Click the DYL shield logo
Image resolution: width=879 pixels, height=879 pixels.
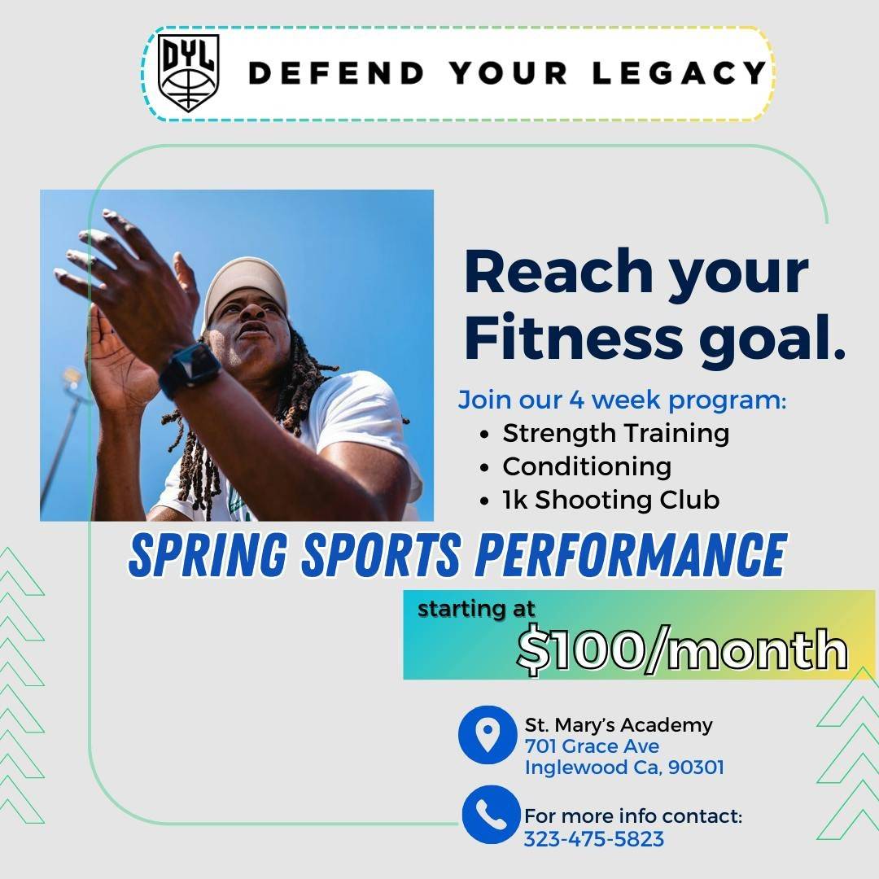point(188,73)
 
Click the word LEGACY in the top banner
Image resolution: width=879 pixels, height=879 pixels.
point(680,73)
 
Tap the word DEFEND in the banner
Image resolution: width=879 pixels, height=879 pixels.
point(336,73)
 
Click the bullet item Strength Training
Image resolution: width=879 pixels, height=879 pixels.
point(615,433)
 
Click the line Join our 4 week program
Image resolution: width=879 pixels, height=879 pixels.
point(623,400)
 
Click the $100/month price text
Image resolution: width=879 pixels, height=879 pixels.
point(682,649)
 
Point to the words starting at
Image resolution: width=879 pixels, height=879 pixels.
point(476,610)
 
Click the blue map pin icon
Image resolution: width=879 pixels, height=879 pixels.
point(488,734)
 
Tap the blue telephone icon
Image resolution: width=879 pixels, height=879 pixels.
point(491,815)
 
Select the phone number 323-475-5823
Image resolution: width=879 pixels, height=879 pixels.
point(593,839)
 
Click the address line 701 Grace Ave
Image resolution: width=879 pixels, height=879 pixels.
point(592,746)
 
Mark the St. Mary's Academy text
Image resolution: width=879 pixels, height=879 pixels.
point(619,725)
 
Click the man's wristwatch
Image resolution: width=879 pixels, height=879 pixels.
point(189,370)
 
